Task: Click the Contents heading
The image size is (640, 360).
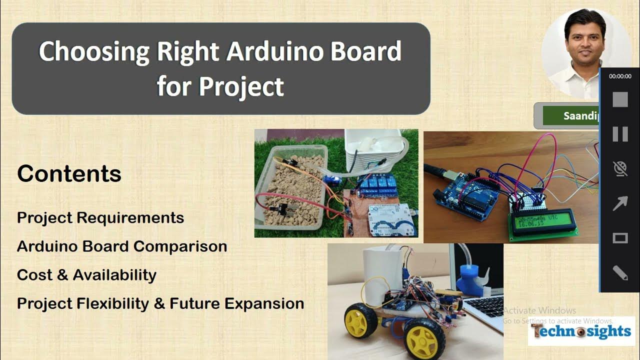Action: tap(69, 174)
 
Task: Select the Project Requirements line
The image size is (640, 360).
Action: tap(100, 218)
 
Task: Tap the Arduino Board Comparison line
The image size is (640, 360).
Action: tap(122, 246)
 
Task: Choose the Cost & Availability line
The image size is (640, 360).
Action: tap(86, 275)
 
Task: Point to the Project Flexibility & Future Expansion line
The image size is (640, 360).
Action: tap(160, 303)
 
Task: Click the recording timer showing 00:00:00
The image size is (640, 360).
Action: tap(620, 76)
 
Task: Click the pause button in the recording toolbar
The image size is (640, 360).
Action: tap(620, 134)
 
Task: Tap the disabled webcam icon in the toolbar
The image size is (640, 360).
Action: tap(620, 169)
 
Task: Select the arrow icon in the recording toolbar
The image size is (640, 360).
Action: tap(620, 204)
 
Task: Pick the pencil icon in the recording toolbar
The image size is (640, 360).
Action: tap(620, 273)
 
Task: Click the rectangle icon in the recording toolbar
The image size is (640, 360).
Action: tap(620, 238)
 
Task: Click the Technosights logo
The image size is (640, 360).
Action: tap(581, 331)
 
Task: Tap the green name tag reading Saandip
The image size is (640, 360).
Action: tap(570, 116)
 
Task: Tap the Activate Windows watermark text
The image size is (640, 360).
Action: tap(539, 310)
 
